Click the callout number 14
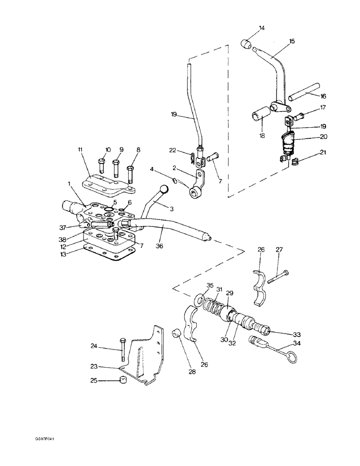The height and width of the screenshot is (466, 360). (261, 28)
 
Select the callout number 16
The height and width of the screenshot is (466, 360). (323, 96)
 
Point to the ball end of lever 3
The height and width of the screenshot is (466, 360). (164, 189)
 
